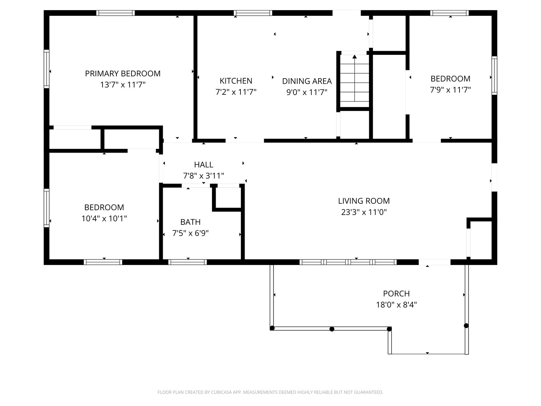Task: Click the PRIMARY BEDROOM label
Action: [x=122, y=74]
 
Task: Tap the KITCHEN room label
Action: [x=236, y=81]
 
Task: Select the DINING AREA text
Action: [x=307, y=81]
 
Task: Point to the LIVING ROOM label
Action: [x=364, y=201]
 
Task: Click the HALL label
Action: [x=204, y=165]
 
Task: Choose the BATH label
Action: [x=190, y=222]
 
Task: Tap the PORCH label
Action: [x=396, y=294]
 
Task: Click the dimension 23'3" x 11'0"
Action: [x=364, y=212]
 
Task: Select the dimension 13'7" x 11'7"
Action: [x=122, y=85]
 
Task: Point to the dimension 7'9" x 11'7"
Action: [x=450, y=90]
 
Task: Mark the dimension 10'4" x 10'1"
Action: [x=104, y=218]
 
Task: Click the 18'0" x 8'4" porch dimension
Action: [x=396, y=304]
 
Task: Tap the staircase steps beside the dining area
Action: [x=354, y=83]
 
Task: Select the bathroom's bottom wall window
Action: [x=187, y=262]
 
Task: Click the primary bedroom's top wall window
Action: [x=115, y=13]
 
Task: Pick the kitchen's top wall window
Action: [x=253, y=13]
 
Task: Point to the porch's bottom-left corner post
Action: [x=272, y=328]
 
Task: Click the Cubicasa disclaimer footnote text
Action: [x=270, y=392]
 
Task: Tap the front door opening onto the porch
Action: [x=434, y=262]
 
